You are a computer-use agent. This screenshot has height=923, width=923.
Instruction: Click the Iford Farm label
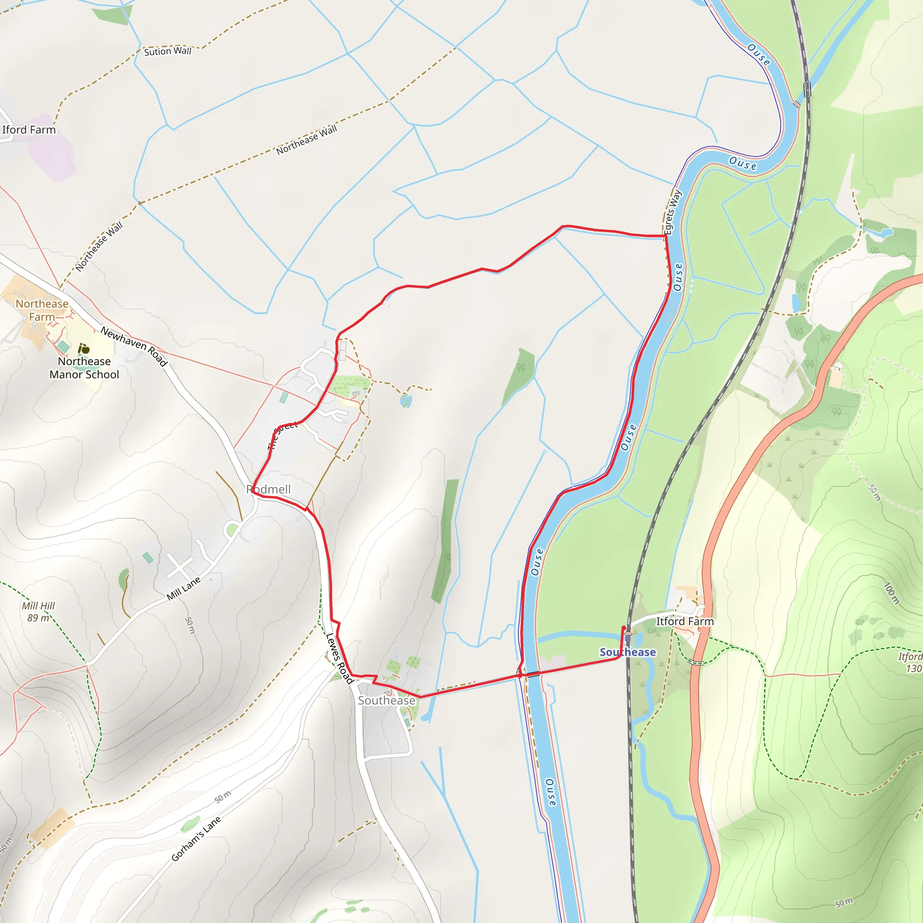click(x=29, y=130)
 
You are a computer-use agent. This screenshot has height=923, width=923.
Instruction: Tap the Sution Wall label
click(x=167, y=51)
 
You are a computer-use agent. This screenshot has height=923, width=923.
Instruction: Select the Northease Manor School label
click(x=84, y=368)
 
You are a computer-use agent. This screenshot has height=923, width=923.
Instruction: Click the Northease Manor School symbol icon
click(x=84, y=349)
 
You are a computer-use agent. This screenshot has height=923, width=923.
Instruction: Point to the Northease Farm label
click(x=41, y=310)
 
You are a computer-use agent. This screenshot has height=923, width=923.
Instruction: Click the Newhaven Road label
click(x=134, y=347)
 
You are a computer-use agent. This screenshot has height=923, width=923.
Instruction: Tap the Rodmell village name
click(x=269, y=489)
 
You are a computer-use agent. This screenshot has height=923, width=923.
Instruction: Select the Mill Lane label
click(x=183, y=589)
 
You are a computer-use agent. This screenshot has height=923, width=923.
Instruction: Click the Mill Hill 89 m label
click(x=38, y=612)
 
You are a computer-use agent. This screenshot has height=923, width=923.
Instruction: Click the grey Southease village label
click(x=387, y=700)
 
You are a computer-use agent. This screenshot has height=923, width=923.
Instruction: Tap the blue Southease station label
click(x=628, y=652)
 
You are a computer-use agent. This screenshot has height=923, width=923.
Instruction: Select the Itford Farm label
click(x=685, y=621)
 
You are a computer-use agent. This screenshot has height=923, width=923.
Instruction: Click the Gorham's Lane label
click(x=196, y=839)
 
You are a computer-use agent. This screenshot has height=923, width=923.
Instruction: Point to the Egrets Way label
click(x=673, y=212)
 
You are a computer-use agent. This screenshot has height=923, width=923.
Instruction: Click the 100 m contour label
click(x=891, y=594)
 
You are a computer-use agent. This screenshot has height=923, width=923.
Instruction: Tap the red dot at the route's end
click(x=623, y=628)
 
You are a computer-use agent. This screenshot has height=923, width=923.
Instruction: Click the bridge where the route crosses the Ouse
click(x=533, y=674)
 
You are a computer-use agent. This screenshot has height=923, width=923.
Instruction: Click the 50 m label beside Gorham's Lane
click(x=223, y=796)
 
